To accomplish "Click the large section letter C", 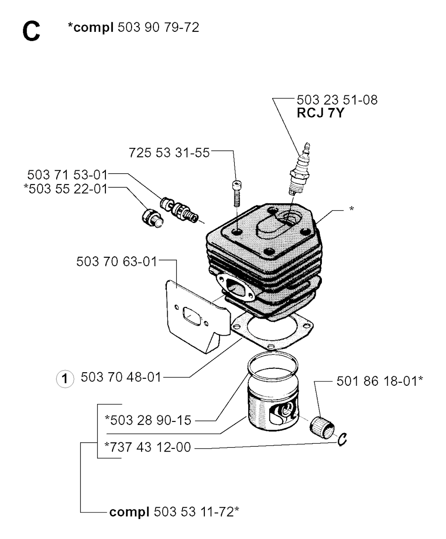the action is pos(31,31).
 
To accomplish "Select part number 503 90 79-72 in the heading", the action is pos(158,27).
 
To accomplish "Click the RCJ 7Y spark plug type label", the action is pos(321,113).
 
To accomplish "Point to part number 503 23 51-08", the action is pos(337,100).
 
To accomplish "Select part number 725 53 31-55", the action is pos(169,152).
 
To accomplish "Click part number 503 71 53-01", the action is pos(68,175).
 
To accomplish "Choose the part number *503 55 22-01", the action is pos(66,189).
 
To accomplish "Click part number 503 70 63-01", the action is pos(117,262).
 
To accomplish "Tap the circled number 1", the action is pos(65,379).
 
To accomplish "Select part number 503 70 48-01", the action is pos(121,377).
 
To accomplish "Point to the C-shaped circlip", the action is pos(342,439).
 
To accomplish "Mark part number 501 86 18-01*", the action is pos(380,381).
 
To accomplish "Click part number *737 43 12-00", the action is pos(148,447).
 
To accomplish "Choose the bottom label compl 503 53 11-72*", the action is pos(174,512).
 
